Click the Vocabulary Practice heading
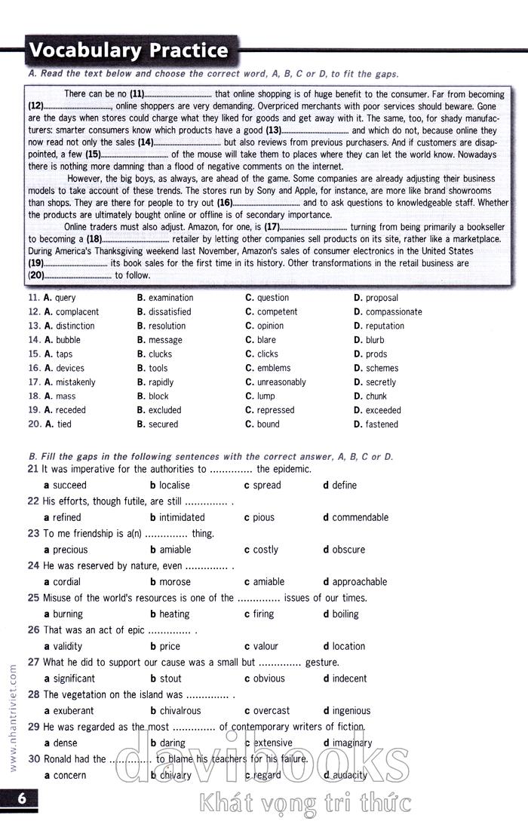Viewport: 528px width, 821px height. point(128,51)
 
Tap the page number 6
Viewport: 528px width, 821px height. point(22,798)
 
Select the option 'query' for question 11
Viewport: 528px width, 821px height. point(65,298)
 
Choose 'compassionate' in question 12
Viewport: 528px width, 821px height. point(394,312)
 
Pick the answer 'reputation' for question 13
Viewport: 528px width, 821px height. point(385,326)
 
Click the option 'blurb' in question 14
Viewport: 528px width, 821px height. point(375,340)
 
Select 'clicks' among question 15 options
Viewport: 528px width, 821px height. point(267,354)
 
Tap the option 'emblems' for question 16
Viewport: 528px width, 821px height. point(273,369)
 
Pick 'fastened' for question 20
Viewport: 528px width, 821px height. point(382,424)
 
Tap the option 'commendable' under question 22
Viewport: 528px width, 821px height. point(360,517)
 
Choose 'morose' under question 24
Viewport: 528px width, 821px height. point(175,582)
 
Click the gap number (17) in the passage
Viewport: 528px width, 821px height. point(272,226)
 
